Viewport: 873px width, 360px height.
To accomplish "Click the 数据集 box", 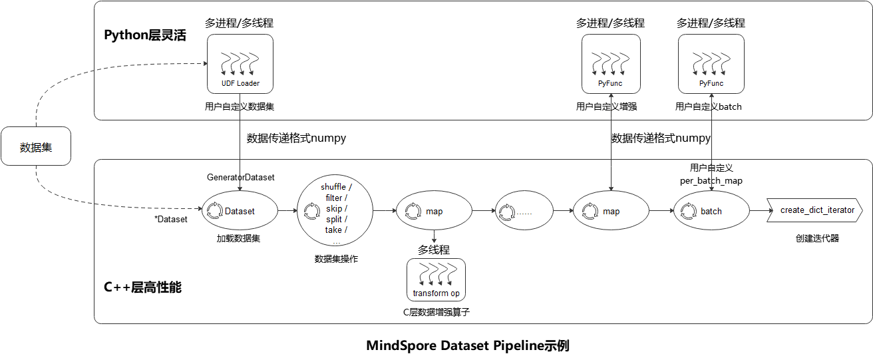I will coord(36,146).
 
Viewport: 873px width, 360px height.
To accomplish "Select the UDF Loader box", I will coord(240,64).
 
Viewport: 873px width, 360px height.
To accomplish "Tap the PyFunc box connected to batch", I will coord(711,64).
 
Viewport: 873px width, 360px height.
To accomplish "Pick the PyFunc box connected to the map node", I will coord(611,64).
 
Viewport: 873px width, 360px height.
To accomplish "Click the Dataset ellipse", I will coord(239,211).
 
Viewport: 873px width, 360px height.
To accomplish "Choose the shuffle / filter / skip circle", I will coord(335,212).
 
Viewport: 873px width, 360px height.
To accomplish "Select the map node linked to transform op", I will coord(433,211).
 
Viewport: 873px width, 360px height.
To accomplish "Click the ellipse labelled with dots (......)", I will coord(524,211).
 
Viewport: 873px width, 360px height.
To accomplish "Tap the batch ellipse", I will coord(711,211).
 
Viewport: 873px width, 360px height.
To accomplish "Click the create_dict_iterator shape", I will coord(815,210).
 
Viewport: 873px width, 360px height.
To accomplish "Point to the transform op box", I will coord(436,279).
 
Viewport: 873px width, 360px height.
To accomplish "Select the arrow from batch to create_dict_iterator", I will coord(758,211).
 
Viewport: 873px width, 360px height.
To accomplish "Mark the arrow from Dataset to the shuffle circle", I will coord(287,211).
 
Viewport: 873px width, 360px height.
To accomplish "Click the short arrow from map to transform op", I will coord(434,237).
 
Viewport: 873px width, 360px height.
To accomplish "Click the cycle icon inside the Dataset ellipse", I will coord(214,212).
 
